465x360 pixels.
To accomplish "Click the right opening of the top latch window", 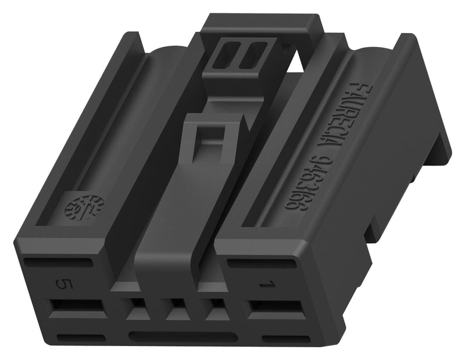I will [252, 56].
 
